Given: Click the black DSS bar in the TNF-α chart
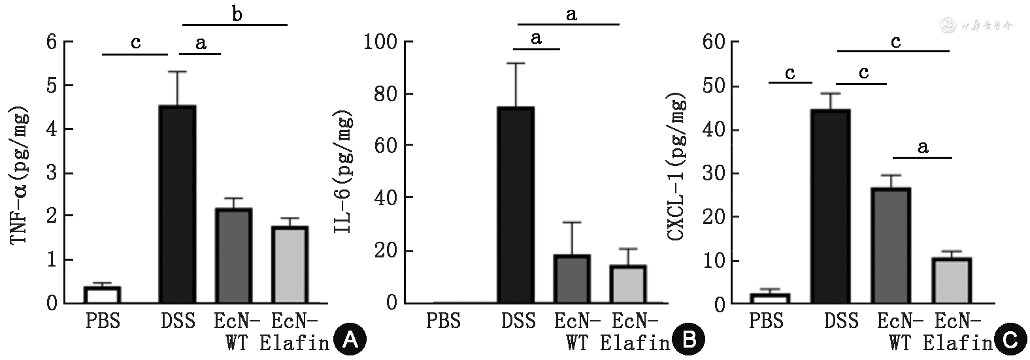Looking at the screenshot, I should [x=177, y=205].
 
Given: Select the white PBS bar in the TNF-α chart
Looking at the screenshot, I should [x=102, y=295].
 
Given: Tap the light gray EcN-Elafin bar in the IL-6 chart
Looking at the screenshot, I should [x=627, y=284].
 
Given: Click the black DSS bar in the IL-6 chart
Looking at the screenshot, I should [x=515, y=205].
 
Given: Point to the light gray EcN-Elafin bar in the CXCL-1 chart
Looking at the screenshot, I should [x=951, y=281].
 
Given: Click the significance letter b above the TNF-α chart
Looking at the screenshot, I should [x=237, y=14].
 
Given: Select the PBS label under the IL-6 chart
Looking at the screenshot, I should [x=443, y=321].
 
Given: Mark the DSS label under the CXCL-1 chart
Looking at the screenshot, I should [x=841, y=321].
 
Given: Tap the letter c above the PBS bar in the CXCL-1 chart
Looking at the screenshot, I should [x=790, y=73].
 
